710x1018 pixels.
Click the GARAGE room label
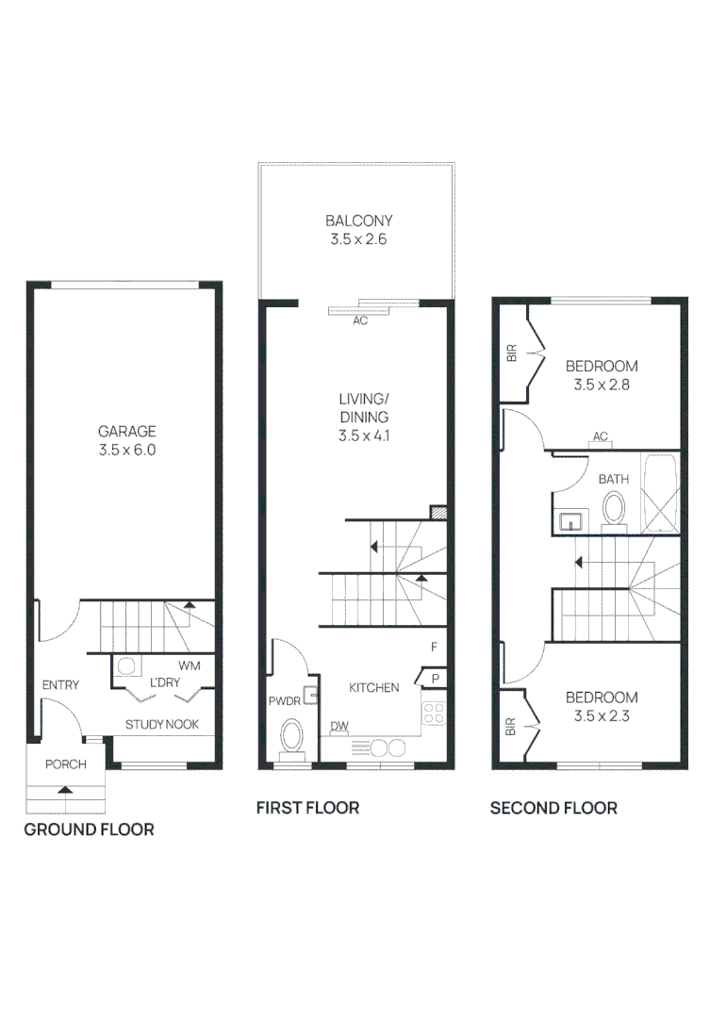pos(126,431)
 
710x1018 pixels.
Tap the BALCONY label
pos(358,221)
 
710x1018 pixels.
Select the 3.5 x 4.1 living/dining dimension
pos(364,435)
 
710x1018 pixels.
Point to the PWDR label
pos(285,701)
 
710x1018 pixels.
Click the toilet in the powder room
pos(291,739)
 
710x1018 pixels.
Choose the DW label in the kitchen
pos(339,726)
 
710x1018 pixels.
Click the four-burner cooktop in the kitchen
pos(434,714)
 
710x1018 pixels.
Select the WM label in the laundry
pos(189,665)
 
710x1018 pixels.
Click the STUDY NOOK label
pos(162,725)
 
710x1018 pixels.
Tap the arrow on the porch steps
pos(65,790)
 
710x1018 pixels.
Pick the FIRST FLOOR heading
pos(308,808)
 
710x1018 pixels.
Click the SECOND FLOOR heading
pos(553,808)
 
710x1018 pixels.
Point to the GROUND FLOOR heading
pos(89,829)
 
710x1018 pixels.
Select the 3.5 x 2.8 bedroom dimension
pos(602,385)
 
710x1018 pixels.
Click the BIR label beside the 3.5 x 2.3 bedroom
pos(510,727)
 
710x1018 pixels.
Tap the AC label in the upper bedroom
pos(601,436)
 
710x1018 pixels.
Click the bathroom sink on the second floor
pos(570,521)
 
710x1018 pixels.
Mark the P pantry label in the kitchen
pos(436,679)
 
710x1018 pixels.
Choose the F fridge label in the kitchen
pos(434,647)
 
